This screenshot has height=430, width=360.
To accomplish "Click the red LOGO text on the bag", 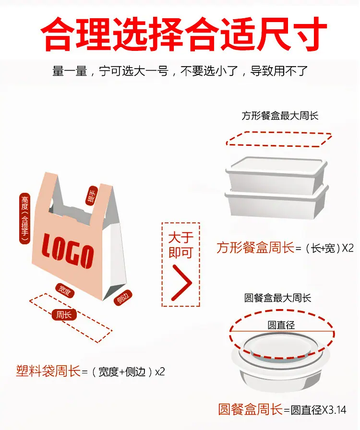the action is [68, 251].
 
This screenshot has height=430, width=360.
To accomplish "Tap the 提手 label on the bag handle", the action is [92, 195].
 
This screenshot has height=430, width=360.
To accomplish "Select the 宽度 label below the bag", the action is [65, 291].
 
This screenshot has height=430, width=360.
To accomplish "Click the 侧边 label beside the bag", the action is [123, 298].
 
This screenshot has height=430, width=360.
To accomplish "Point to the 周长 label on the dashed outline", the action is [64, 314].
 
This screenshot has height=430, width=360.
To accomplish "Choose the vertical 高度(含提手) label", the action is [24, 218].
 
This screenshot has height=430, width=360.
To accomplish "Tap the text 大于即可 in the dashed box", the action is [181, 245].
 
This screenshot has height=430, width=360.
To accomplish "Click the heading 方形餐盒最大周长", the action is [280, 116].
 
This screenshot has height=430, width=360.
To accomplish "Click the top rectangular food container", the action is [276, 174].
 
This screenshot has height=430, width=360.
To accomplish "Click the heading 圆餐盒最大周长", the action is [278, 298].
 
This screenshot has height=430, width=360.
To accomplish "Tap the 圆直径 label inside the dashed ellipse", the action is [281, 325].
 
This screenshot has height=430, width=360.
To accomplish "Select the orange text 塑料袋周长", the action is [48, 371].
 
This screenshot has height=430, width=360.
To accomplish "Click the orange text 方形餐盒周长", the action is [255, 247].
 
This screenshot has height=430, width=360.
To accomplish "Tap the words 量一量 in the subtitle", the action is [70, 71].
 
